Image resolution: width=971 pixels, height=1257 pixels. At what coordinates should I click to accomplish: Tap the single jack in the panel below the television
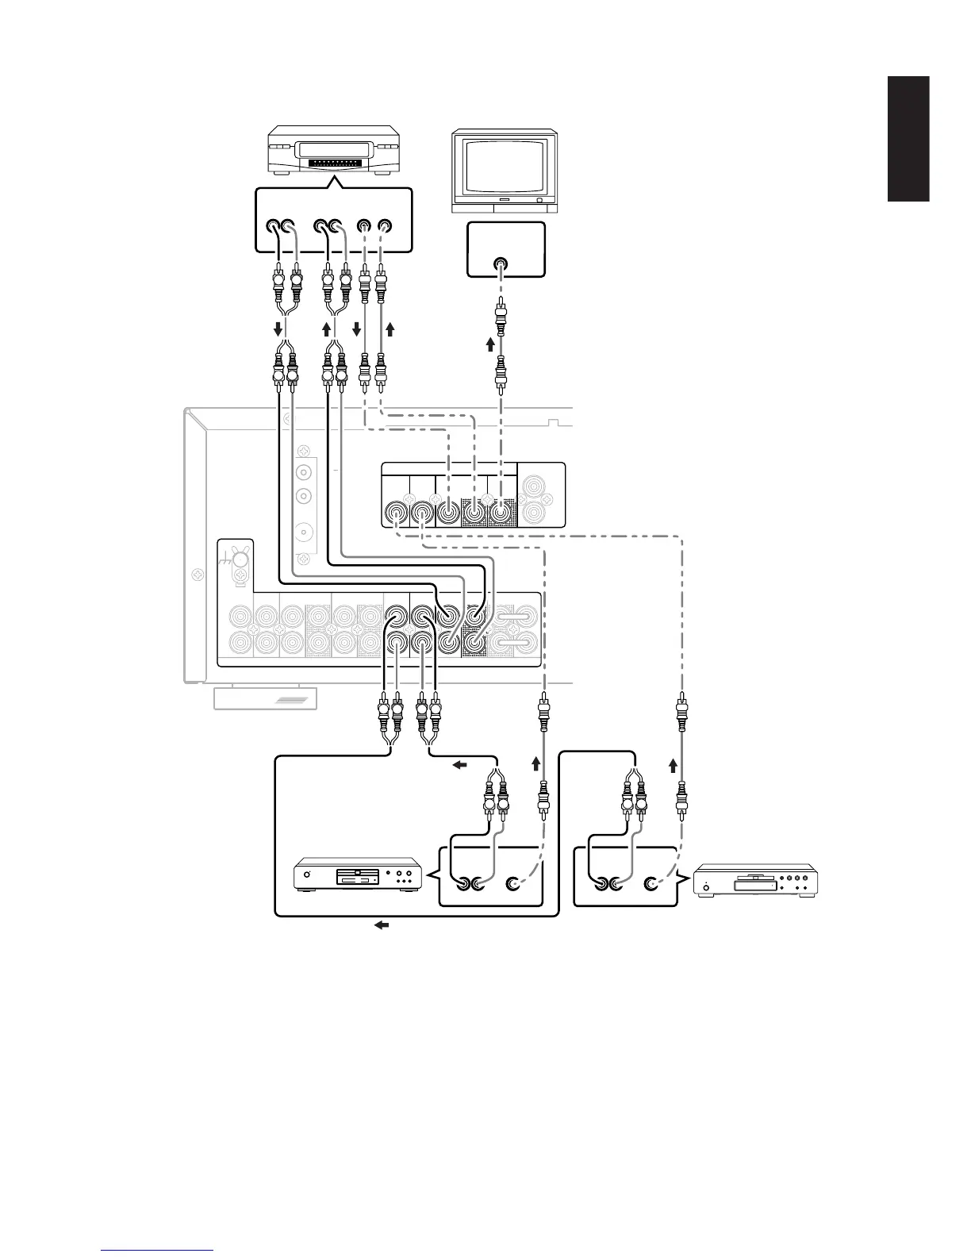(501, 265)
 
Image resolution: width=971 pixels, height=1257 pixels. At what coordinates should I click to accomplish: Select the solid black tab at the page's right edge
(908, 139)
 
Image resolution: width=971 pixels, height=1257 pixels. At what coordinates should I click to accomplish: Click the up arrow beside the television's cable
(489, 344)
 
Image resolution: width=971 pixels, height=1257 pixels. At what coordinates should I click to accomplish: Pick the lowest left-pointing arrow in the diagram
(382, 925)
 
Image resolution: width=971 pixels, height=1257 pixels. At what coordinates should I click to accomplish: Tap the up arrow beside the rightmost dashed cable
(674, 766)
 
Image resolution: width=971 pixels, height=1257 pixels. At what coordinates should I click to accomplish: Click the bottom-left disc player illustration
(357, 875)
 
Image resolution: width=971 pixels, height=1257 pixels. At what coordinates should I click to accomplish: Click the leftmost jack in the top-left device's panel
(274, 225)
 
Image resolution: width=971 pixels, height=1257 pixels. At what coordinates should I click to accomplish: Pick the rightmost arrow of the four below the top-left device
(390, 329)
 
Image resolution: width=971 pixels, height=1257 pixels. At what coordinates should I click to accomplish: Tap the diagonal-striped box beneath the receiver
(266, 698)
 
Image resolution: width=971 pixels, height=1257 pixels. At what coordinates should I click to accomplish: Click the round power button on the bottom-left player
(305, 875)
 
